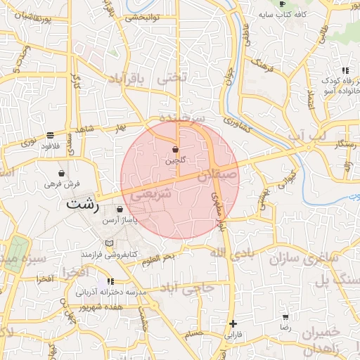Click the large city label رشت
click(x=82, y=205)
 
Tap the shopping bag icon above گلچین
click(x=175, y=150)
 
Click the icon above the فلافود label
click(x=49, y=135)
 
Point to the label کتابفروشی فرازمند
click(x=109, y=254)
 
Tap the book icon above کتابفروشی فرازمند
click(x=108, y=243)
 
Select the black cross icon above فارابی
click(x=233, y=323)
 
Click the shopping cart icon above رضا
click(x=285, y=317)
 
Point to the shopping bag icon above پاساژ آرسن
click(x=120, y=210)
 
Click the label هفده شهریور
click(x=101, y=307)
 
